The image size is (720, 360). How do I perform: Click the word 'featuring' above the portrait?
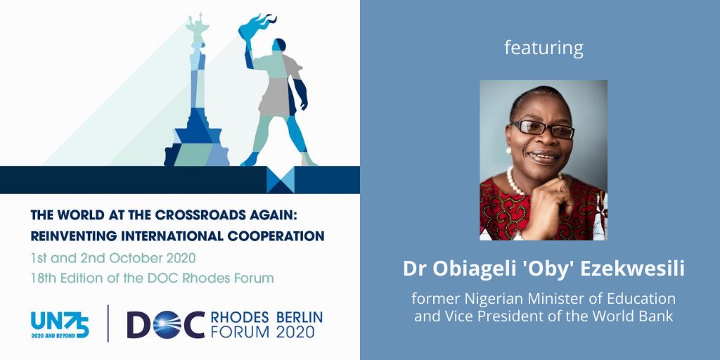point(544,49)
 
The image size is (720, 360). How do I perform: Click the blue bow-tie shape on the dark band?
point(280,180)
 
